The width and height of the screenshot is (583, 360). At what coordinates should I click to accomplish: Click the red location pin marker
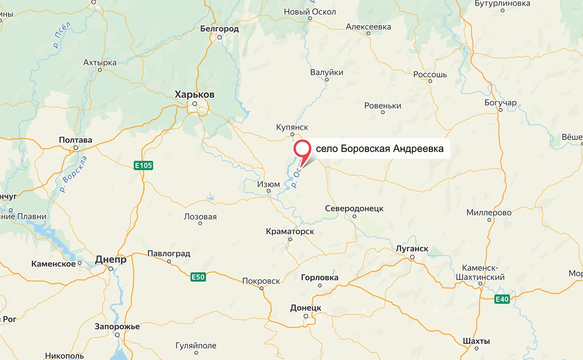click(301, 150)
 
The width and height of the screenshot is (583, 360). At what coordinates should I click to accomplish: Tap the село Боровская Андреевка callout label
click(379, 148)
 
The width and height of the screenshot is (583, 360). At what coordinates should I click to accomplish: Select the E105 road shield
click(143, 165)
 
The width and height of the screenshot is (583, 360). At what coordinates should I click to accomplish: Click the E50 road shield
click(198, 278)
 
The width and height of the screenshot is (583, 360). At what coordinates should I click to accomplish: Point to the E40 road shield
click(502, 299)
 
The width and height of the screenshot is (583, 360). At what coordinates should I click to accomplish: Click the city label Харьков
click(195, 94)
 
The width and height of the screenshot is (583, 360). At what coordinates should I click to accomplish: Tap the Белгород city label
click(219, 29)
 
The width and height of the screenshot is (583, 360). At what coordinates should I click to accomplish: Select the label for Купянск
click(292, 127)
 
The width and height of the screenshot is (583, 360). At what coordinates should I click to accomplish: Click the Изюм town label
click(268, 184)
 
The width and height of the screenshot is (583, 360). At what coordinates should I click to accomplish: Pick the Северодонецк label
click(354, 208)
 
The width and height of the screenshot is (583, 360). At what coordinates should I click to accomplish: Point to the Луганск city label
click(412, 248)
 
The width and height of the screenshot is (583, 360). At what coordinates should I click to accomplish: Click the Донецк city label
click(305, 308)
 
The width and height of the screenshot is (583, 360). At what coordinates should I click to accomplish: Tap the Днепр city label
click(111, 259)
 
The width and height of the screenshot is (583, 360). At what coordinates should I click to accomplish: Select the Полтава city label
click(76, 140)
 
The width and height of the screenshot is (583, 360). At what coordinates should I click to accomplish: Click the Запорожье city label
click(117, 326)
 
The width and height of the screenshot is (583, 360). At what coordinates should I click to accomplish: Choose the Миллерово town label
click(489, 212)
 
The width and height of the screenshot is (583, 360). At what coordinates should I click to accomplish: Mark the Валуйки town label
click(327, 73)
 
